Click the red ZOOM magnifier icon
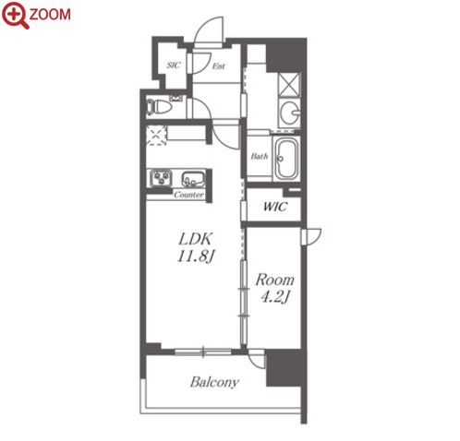tap(15, 15)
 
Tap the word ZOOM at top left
tap(50, 15)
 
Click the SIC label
tap(174, 66)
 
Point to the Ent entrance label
tap(219, 66)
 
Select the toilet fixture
tap(159, 107)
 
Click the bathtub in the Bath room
tap(286, 158)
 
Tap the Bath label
tap(259, 156)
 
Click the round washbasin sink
tap(290, 112)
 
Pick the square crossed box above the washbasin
tap(288, 85)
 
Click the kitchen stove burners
tap(161, 178)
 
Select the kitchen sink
tap(193, 179)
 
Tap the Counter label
tap(188, 195)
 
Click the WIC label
tap(275, 207)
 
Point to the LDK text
tap(196, 239)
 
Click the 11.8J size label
tap(195, 256)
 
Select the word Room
tap(274, 280)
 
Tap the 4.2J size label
tap(274, 297)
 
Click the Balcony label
tap(214, 382)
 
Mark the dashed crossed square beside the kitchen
tap(156, 135)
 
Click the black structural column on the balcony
tap(284, 367)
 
